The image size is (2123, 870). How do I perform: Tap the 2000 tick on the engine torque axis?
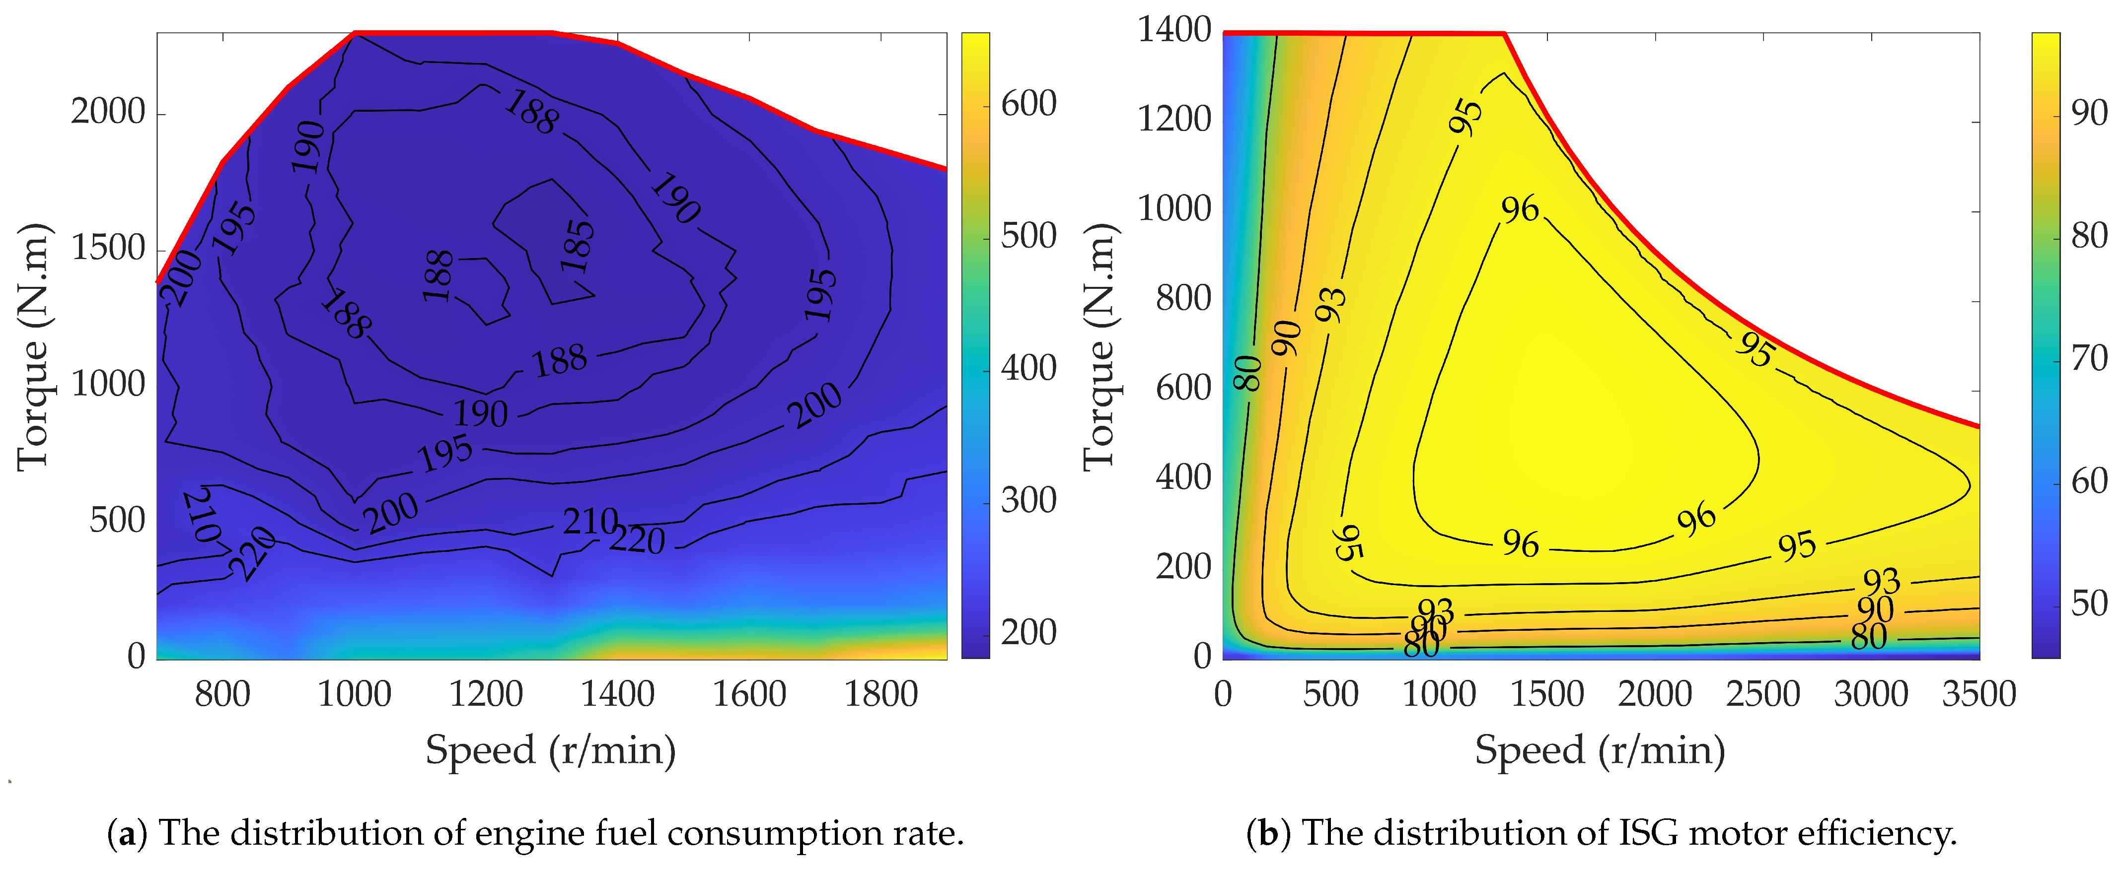pyautogui.click(x=108, y=111)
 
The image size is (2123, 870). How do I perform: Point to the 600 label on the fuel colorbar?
pyautogui.click(x=1028, y=104)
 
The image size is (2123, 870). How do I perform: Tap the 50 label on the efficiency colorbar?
pyautogui.click(x=2089, y=603)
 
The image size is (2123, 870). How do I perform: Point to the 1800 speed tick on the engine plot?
pyautogui.click(x=881, y=694)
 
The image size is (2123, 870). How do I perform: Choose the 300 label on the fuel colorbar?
pyautogui.click(x=1028, y=500)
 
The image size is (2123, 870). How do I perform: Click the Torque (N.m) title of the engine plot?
pyautogui.click(x=33, y=346)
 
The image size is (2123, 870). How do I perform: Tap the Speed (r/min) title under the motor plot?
pyautogui.click(x=1600, y=750)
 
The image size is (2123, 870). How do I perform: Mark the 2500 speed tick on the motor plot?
pyautogui.click(x=1763, y=694)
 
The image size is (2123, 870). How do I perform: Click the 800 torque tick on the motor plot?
pyautogui.click(x=1182, y=298)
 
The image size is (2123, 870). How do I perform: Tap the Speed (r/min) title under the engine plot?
pyautogui.click(x=551, y=750)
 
